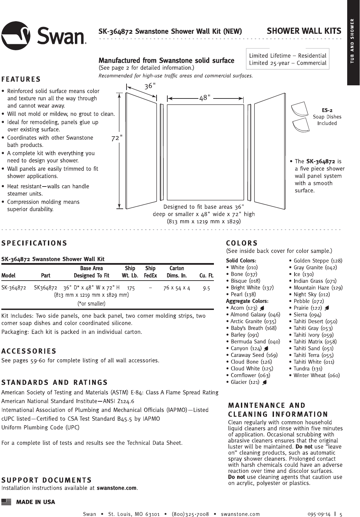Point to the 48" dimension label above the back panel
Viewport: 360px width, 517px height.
coord(204,98)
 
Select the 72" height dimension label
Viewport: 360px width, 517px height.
coord(116,138)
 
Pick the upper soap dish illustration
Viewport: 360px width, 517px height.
coord(300,110)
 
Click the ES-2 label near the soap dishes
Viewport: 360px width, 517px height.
coord(327,110)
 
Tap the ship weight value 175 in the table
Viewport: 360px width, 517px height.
coord(131,288)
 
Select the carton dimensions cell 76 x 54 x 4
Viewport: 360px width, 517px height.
coord(176,288)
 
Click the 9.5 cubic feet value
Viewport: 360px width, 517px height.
coord(206,288)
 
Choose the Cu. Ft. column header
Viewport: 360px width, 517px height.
coord(206,276)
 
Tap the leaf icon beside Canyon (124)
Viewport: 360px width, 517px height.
coord(266,348)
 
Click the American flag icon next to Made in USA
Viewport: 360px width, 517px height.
coord(6,502)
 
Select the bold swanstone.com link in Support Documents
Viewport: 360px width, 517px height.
coord(116,488)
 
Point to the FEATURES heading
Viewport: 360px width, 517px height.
coord(21,79)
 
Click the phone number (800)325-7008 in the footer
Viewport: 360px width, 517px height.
coord(190,514)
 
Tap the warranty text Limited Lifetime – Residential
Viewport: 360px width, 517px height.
coord(287,56)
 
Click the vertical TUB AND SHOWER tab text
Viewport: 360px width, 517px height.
coord(352,41)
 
